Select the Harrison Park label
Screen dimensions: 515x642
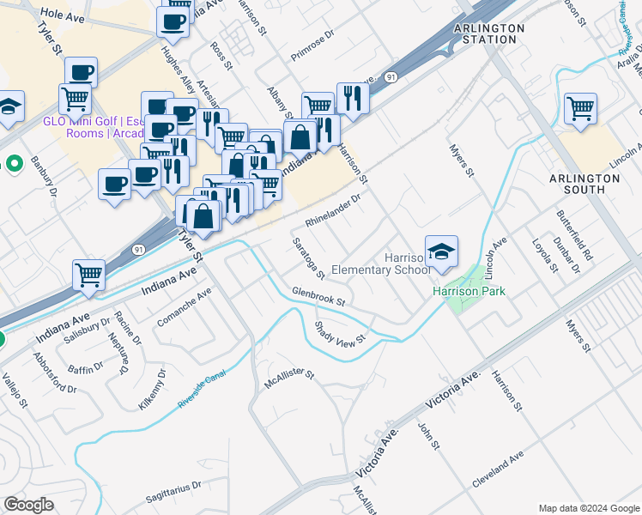[469, 291]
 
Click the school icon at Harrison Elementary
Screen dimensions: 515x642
[441, 251]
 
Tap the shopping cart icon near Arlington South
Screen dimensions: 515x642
[580, 109]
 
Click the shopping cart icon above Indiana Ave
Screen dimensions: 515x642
[88, 276]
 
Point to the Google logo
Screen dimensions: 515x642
[28, 505]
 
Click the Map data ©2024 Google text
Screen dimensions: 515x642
[589, 507]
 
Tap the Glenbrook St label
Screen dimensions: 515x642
[318, 297]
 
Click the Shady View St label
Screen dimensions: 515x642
[340, 330]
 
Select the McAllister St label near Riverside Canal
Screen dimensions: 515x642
[290, 379]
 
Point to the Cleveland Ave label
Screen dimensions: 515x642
[497, 472]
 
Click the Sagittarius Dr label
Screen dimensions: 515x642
[173, 485]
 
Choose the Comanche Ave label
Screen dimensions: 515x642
[185, 308]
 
